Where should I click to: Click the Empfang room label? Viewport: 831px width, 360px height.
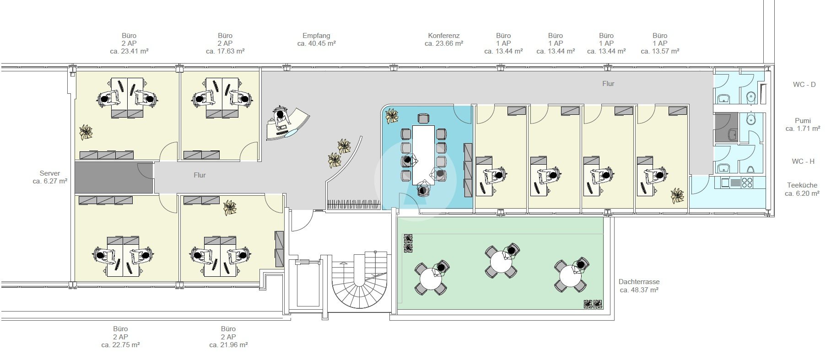point(316,36)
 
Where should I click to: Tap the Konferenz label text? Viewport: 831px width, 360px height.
point(444,36)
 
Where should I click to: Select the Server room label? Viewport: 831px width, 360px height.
point(50,173)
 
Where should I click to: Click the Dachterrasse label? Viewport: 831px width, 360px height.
point(639,282)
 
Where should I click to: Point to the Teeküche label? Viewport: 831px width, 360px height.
point(802,185)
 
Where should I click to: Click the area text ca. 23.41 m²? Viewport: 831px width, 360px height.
point(129,51)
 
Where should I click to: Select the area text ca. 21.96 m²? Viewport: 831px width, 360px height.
point(228,345)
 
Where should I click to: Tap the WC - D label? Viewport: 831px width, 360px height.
point(804,85)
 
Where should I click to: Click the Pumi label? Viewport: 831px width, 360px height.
point(803,121)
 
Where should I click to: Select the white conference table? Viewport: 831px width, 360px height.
point(424,155)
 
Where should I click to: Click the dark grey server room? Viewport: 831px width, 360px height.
point(113,177)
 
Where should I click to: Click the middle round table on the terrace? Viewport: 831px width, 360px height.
point(502,262)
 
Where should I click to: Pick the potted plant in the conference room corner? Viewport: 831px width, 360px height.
point(392,116)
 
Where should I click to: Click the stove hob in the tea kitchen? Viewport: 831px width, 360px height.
point(747,183)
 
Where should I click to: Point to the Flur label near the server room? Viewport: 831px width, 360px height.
point(200,175)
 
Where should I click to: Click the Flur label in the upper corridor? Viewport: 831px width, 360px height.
point(608,84)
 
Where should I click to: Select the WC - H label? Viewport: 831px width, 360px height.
point(803,161)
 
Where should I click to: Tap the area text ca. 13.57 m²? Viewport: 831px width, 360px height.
point(660,51)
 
